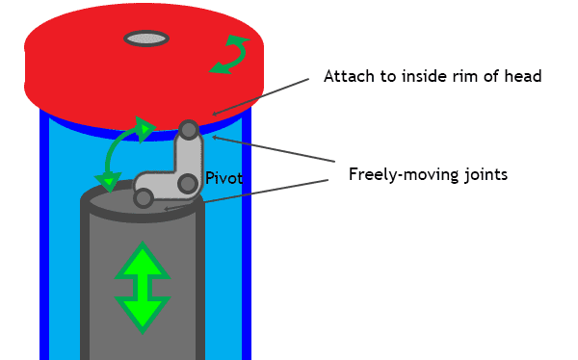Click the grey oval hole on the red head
pyautogui.click(x=146, y=39)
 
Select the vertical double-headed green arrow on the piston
pyautogui.click(x=143, y=288)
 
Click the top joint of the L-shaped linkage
pyautogui.click(x=189, y=130)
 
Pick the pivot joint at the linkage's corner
pyautogui.click(x=188, y=184)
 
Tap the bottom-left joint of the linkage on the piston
pyautogui.click(x=144, y=198)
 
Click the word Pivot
pyautogui.click(x=224, y=178)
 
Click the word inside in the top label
pyautogui.click(x=424, y=76)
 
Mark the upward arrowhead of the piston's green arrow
pyautogui.click(x=143, y=259)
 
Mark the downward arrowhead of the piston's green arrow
pyautogui.click(x=143, y=316)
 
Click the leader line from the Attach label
pyautogui.click(x=261, y=97)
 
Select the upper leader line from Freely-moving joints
pyautogui.click(x=274, y=149)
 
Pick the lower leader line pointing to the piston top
pyautogui.click(x=247, y=194)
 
